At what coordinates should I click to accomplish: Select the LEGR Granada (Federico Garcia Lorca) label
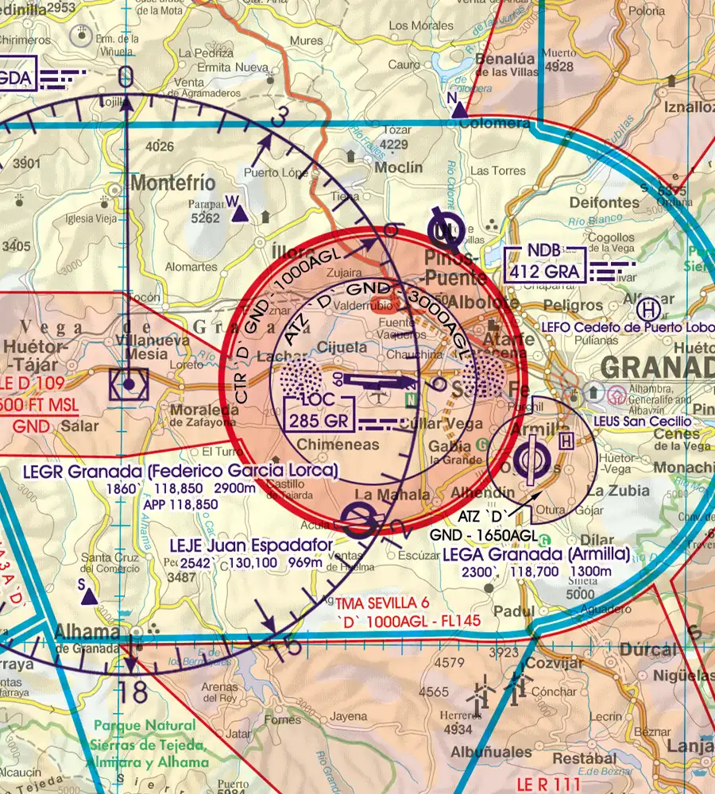click(x=180, y=471)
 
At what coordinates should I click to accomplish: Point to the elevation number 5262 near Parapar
click(x=205, y=218)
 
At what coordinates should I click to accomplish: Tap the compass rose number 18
click(x=136, y=692)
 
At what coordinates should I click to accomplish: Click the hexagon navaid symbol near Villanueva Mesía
click(x=129, y=386)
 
